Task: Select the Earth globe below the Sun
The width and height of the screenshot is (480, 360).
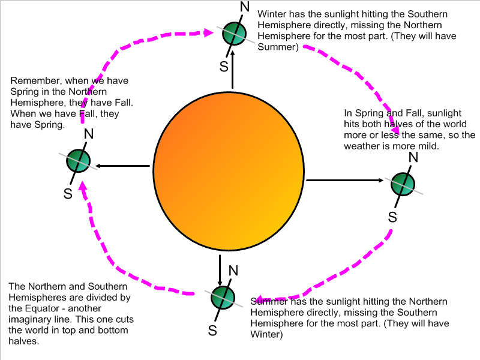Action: click(223, 296)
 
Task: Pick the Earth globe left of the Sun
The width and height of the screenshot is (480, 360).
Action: click(78, 161)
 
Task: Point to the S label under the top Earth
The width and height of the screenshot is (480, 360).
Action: click(224, 66)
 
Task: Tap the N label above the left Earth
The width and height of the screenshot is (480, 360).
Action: click(88, 133)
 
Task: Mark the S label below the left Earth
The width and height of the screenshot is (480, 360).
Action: click(68, 193)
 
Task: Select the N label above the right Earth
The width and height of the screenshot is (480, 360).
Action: click(413, 157)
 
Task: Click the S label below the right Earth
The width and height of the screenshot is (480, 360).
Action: click(392, 217)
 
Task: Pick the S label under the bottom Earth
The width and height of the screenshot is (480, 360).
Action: click(212, 330)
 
